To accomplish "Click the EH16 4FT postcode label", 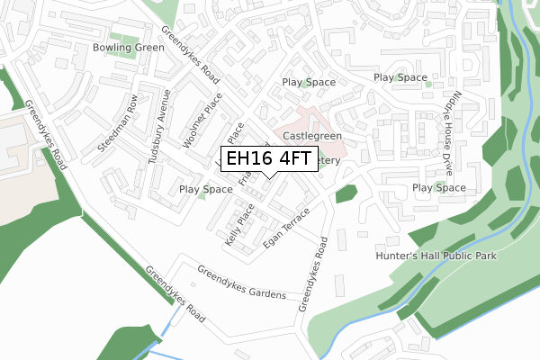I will coord(269,159).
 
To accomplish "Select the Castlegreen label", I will coord(312,136).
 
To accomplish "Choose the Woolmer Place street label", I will coord(202,124).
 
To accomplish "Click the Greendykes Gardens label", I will coord(241,283).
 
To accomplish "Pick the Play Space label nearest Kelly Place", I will coord(205,189).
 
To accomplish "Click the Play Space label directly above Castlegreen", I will coord(309,82).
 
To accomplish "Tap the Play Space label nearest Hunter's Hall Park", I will coord(438,187).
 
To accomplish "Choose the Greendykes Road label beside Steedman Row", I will coord(45,134).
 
